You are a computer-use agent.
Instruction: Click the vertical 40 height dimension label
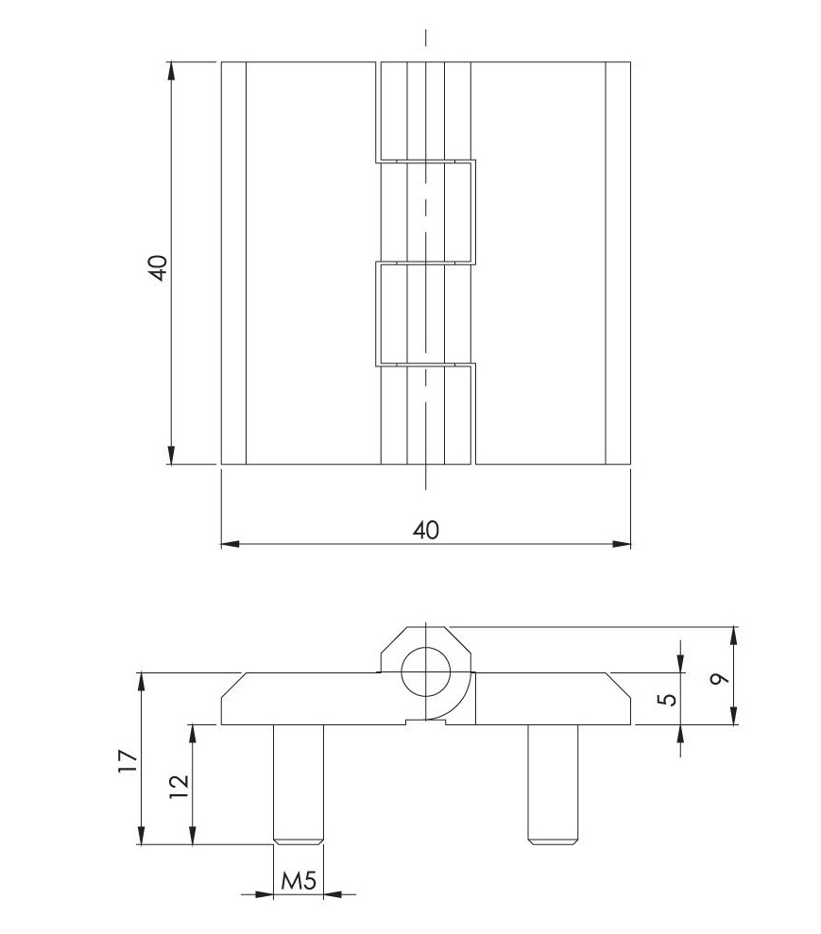point(158,267)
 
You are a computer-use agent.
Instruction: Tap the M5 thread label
point(299,882)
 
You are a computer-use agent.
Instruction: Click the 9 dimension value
point(721,678)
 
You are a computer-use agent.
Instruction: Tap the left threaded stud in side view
point(299,780)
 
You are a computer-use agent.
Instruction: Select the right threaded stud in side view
point(553,780)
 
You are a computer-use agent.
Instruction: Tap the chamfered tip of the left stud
point(299,840)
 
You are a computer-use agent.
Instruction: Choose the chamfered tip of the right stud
point(553,840)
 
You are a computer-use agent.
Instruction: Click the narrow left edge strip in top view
point(233,263)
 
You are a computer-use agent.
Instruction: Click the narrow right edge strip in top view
point(619,263)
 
